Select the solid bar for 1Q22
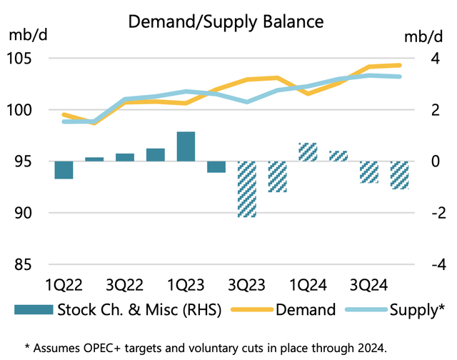tap(64, 170)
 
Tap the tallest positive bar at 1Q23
tap(186, 146)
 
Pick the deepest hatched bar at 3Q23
tap(247, 189)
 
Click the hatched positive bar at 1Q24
tap(308, 152)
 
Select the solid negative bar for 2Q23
tap(216, 167)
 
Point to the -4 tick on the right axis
tap(423, 264)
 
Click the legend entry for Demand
tap(305, 309)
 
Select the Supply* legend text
tap(417, 309)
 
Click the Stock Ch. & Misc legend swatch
tap(33, 309)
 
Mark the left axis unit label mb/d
tap(26, 35)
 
